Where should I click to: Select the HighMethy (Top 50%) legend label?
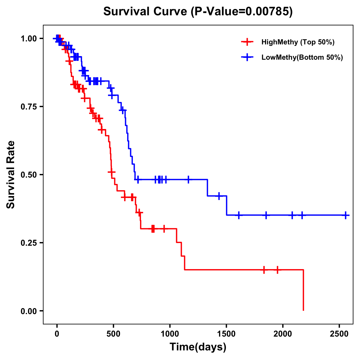click(x=298, y=42)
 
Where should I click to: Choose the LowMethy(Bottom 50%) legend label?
click(x=302, y=58)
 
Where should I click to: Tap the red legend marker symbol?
click(x=247, y=42)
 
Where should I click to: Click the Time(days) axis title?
click(x=198, y=347)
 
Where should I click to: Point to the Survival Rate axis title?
click(x=11, y=175)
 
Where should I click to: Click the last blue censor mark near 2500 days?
click(x=346, y=215)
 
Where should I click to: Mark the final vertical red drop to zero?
click(x=303, y=290)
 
